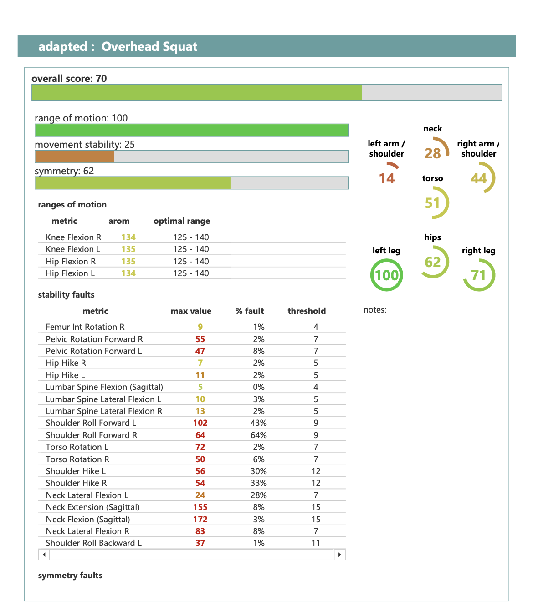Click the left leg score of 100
click(386, 275)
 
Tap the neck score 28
click(432, 153)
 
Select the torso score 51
click(432, 203)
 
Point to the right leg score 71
click(478, 275)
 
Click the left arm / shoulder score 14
click(386, 178)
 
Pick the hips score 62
click(432, 262)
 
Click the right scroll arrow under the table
click(339, 555)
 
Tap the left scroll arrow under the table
click(44, 555)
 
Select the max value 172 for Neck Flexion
click(200, 519)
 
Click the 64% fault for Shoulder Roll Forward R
click(258, 435)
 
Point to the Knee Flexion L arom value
click(128, 249)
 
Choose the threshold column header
click(307, 311)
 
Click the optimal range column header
click(182, 221)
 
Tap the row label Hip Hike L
click(65, 375)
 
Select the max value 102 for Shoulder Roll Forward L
click(200, 423)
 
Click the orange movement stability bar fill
click(75, 157)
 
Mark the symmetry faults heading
click(70, 575)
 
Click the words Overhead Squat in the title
click(149, 46)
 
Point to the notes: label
click(375, 310)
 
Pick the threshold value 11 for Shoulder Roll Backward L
click(316, 543)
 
